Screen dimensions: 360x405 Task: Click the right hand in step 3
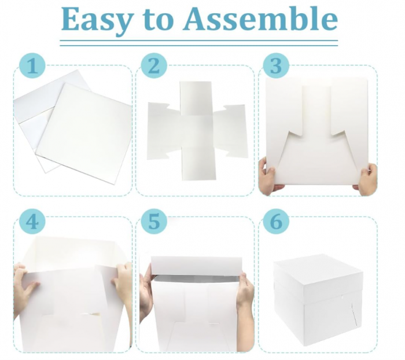367,178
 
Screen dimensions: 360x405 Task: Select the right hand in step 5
245,292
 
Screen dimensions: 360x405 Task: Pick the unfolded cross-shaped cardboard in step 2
197,130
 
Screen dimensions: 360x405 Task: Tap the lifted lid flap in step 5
197,266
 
